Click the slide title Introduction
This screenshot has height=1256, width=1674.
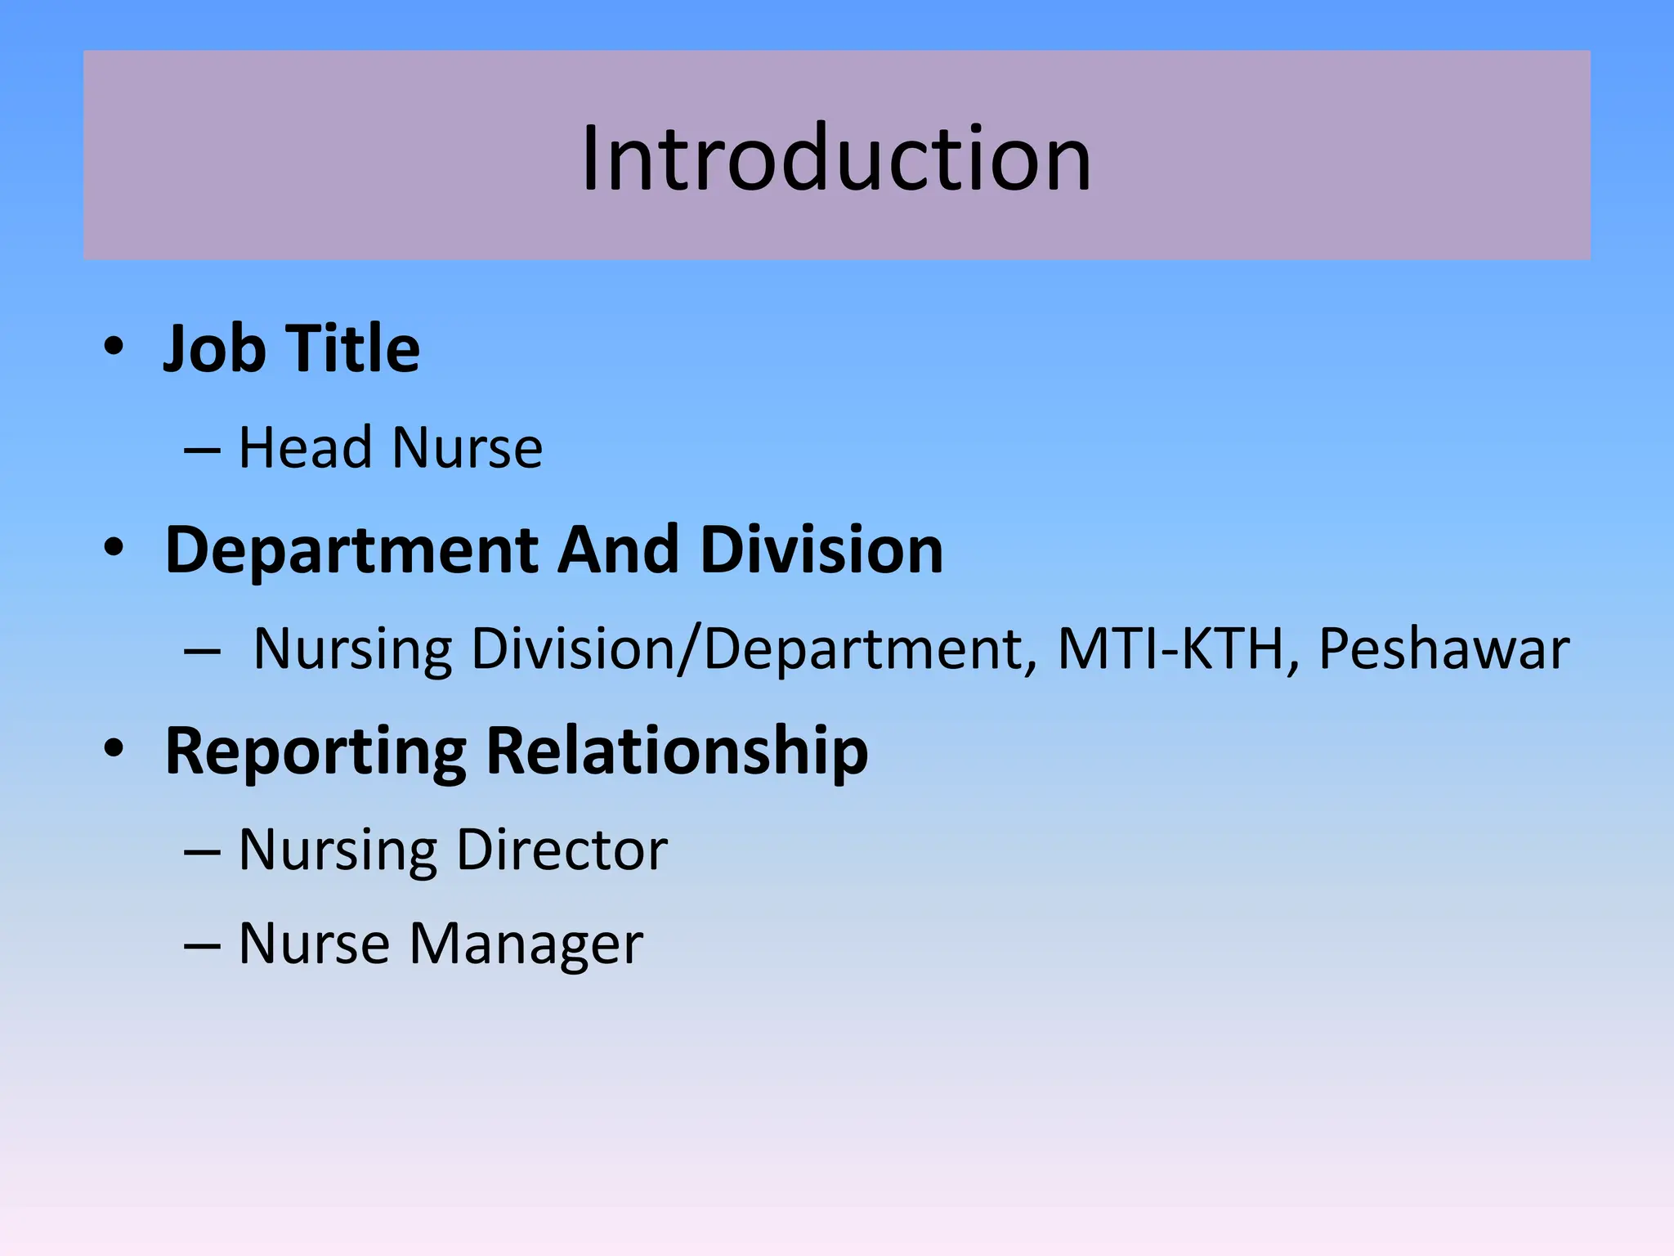(835, 159)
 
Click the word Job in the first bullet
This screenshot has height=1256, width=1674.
(214, 349)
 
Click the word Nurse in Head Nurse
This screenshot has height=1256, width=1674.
(467, 448)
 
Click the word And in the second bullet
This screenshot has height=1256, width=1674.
(618, 549)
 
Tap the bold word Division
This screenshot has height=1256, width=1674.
(821, 549)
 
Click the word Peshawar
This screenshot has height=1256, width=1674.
(1443, 649)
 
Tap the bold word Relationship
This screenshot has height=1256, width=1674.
(677, 751)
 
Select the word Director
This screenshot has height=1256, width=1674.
(562, 850)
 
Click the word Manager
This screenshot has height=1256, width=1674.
(526, 944)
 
